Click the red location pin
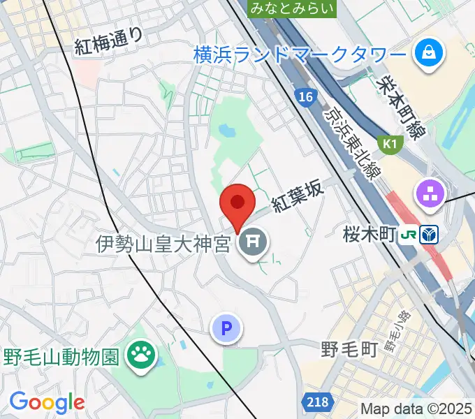(237, 203)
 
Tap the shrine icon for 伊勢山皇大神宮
(252, 243)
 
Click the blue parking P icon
(227, 328)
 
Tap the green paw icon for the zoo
(142, 357)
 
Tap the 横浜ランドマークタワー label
(300, 53)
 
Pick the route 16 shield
(305, 97)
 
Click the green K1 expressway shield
(388, 143)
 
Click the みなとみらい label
(292, 8)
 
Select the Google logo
(47, 402)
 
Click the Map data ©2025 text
(417, 409)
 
